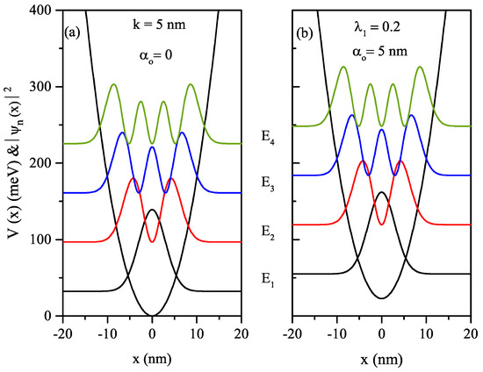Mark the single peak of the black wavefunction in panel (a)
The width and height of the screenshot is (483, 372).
152,210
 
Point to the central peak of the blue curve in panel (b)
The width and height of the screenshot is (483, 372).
381,130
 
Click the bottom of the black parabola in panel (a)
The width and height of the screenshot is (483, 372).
152,315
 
